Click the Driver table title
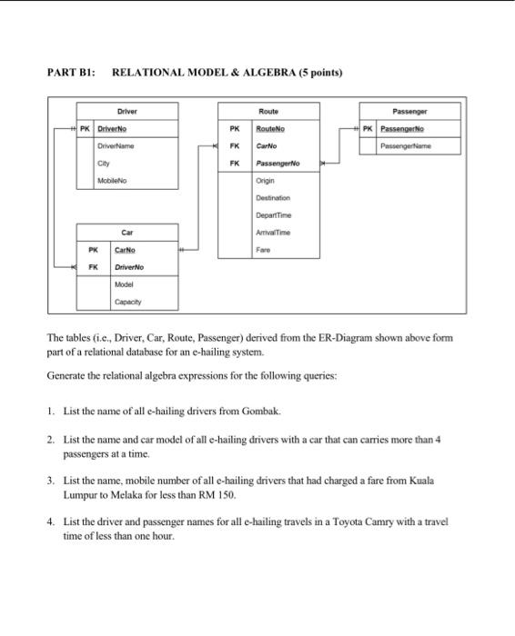[x=127, y=111]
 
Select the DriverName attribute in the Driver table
[x=116, y=145]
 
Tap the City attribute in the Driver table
[x=106, y=164]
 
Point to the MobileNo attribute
[x=113, y=181]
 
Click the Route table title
[x=268, y=111]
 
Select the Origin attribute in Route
[x=267, y=180]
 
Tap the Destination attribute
[x=273, y=196]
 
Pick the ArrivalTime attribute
[x=273, y=232]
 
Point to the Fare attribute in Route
[x=264, y=248]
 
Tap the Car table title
[x=127, y=232]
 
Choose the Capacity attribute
[x=126, y=301]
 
